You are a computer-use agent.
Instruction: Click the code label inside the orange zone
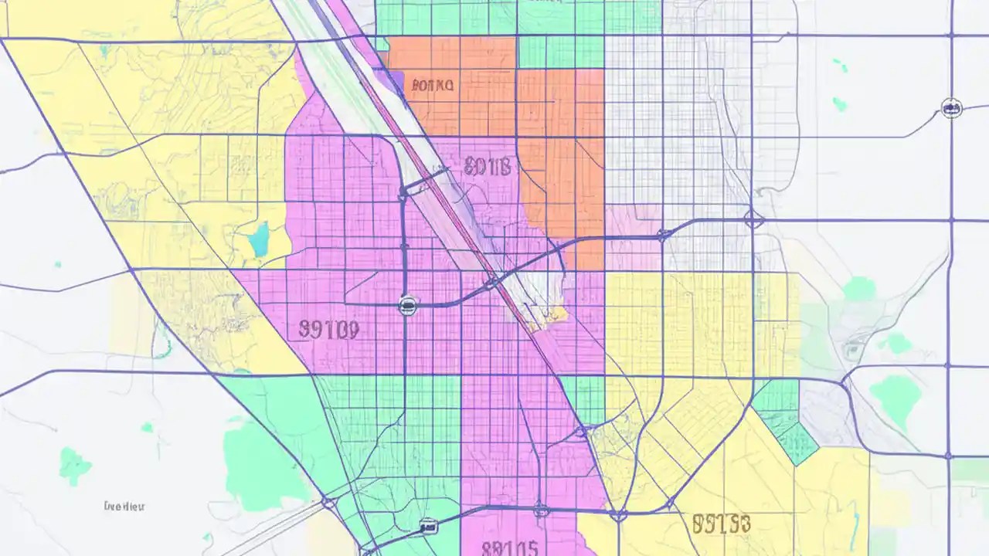(x=433, y=85)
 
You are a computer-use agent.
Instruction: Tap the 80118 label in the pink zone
(x=488, y=165)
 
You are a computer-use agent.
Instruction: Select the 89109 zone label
(x=328, y=331)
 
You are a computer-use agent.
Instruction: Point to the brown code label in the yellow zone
(x=721, y=524)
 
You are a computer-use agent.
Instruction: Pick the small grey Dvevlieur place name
(x=124, y=507)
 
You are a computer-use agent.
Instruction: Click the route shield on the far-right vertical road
(x=952, y=108)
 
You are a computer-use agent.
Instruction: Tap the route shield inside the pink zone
(x=407, y=306)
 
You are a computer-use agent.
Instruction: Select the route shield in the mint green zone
(x=427, y=527)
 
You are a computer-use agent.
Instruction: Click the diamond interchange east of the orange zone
(x=753, y=219)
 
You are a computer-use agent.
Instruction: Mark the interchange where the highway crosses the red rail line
(x=492, y=282)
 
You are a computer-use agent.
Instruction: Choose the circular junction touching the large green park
(x=329, y=503)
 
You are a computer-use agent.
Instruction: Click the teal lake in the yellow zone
(x=259, y=239)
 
